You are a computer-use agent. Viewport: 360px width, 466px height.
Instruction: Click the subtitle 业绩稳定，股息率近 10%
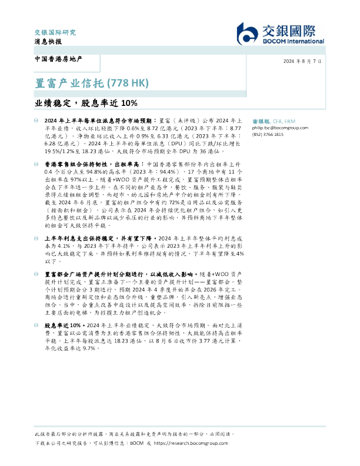coord(85,104)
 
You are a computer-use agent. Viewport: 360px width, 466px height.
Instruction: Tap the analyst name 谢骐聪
coord(261,119)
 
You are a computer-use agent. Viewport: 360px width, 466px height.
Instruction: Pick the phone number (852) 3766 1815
coord(268,134)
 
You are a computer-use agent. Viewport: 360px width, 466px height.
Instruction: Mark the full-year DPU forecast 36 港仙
coord(210,149)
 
